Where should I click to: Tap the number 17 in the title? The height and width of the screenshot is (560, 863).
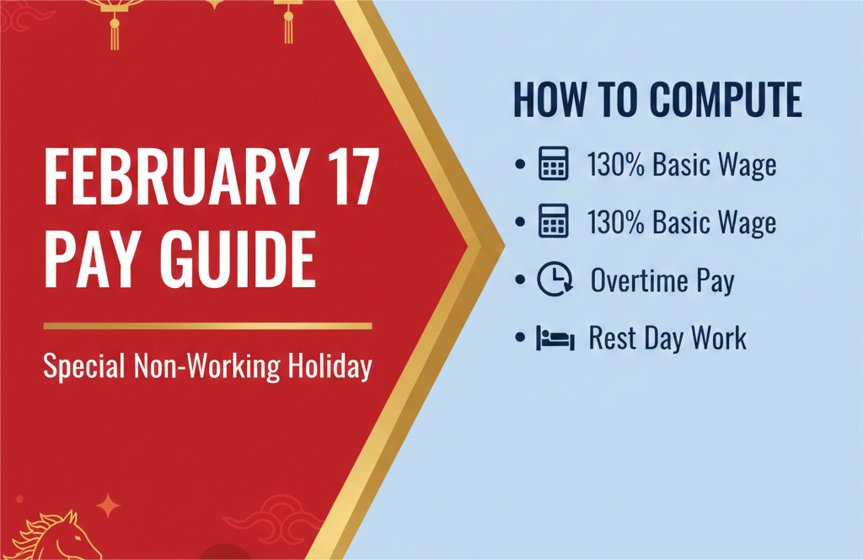[x=346, y=182]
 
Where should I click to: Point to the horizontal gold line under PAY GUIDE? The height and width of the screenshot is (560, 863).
[x=207, y=325]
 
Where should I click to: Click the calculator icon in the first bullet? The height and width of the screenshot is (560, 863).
[x=553, y=164]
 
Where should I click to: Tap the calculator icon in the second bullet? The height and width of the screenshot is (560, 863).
[x=553, y=221]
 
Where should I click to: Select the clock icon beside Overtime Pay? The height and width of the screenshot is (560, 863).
[x=555, y=280]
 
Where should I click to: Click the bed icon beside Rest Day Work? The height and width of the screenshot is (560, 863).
[x=555, y=339]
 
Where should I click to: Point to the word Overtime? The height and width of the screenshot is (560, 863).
[x=640, y=280]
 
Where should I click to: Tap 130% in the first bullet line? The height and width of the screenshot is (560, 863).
[x=617, y=165]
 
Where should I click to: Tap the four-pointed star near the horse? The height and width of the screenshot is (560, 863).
[x=108, y=505]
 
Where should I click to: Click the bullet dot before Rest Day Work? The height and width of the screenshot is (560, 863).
[x=520, y=339]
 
